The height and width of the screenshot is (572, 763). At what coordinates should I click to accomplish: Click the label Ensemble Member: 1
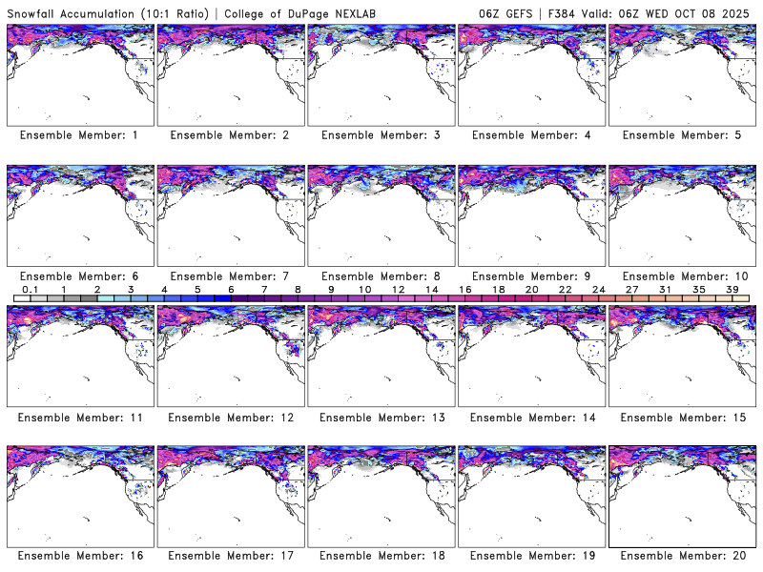79,135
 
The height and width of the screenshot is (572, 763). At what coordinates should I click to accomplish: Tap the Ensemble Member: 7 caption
230,276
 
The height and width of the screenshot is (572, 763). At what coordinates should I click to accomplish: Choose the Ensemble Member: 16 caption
79,556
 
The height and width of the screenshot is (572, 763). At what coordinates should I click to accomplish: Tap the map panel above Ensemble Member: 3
381,74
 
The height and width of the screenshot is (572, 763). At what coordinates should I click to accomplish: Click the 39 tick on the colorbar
732,289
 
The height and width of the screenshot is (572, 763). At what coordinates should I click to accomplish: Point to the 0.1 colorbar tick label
31,289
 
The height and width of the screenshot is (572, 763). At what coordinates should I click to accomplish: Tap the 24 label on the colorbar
598,289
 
